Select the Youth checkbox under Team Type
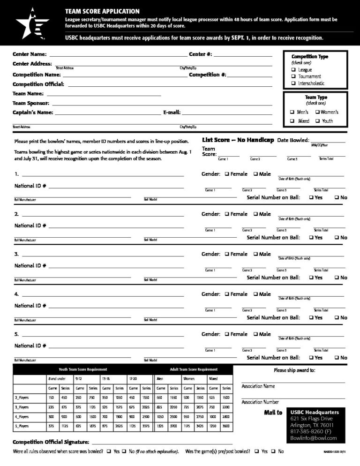[317, 121]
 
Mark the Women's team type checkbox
[317, 113]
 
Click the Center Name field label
[29, 54]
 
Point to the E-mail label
[172, 113]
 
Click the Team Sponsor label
[30, 103]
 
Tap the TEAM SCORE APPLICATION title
[102, 11]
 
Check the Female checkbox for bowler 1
[227, 174]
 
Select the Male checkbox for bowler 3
[256, 254]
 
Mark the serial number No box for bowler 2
[337, 238]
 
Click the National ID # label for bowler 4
[30, 306]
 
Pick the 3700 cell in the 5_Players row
[173, 426]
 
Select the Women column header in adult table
[189, 378]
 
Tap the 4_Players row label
[22, 417]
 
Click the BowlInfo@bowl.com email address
[313, 438]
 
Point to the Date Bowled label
[293, 140]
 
